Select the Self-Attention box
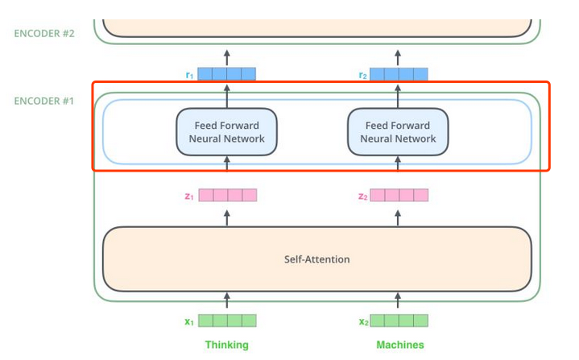coord(316,259)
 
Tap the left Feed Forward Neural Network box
coord(226,132)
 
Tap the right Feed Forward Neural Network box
coord(398,132)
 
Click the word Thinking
coord(226,345)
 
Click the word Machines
coord(399,345)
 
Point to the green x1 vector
coord(227,321)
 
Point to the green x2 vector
coord(399,321)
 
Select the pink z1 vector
coord(227,195)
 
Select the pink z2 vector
coord(399,195)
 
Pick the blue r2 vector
coord(399,75)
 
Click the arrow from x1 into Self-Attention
coord(226,301)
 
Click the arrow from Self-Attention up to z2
coord(399,217)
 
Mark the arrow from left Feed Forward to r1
coord(226,96)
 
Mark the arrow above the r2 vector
coord(399,56)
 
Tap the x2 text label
coord(364,321)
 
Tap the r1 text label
coord(189,75)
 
